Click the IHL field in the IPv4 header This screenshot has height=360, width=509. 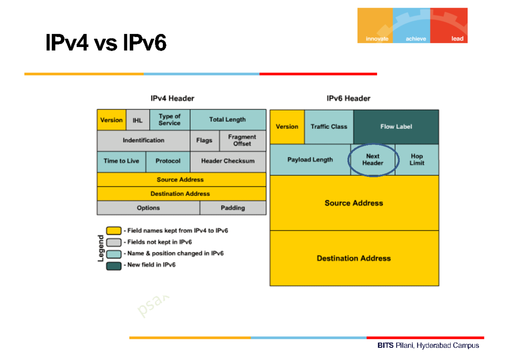137,120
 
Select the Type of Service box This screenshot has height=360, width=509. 169,120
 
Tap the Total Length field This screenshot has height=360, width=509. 228,120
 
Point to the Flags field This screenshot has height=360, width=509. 204,140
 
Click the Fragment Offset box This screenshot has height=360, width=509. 242,140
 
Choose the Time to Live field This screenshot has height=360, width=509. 121,161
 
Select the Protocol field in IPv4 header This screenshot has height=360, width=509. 168,161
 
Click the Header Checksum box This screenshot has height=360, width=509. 228,161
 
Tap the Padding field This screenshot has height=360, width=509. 233,208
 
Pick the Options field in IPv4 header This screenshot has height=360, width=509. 148,208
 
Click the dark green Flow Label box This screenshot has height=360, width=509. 396,127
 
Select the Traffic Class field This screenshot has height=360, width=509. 329,127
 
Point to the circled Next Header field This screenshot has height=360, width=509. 373,159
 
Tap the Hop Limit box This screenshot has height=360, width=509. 417,159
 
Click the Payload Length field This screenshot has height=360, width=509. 310,160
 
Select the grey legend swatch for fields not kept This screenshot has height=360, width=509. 114,242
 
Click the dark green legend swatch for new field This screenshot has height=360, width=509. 114,265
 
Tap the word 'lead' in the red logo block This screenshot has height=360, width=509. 457,39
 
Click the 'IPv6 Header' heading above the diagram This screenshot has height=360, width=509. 348,98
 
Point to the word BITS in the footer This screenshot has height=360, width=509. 386,346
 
